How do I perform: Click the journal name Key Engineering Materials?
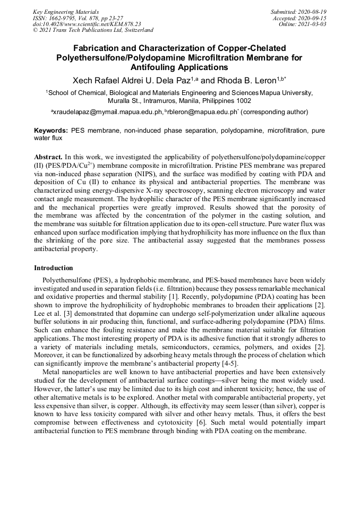[65, 12]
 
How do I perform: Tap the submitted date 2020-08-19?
[312, 12]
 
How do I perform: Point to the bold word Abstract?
[48, 158]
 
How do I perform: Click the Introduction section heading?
[54, 268]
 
